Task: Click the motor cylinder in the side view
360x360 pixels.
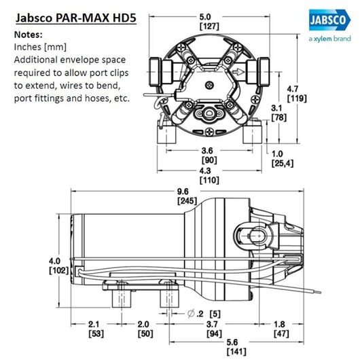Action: pyautogui.click(x=129, y=238)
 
